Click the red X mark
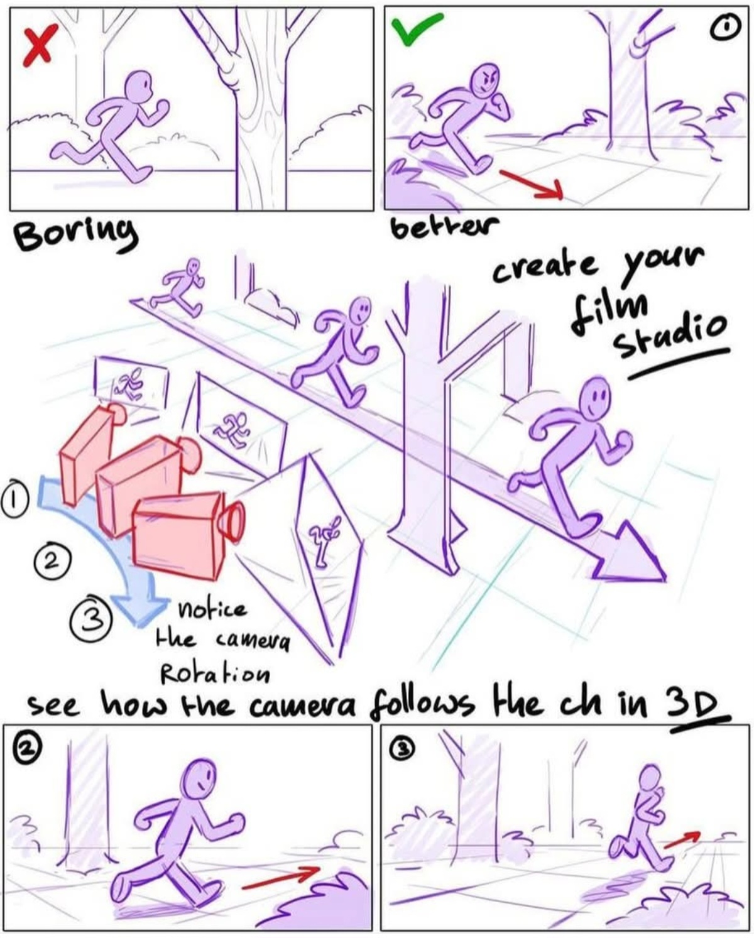pos(40,45)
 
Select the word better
pos(444,226)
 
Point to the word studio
pos(670,333)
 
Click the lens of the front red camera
pos(234,521)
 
